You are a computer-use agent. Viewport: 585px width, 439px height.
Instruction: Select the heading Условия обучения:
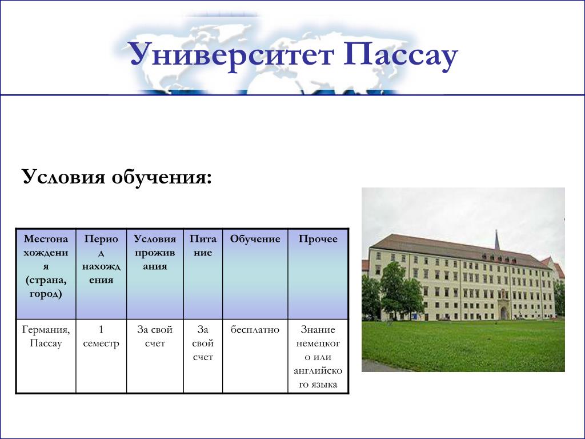tap(117, 176)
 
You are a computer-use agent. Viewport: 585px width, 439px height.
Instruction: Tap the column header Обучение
tap(255, 239)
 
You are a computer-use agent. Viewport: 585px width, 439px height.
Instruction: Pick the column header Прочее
tap(318, 239)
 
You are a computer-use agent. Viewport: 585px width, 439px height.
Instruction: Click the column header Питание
tap(203, 246)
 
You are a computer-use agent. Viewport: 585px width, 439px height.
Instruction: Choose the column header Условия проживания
tap(155, 252)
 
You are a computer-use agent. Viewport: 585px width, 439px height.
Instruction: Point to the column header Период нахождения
tap(101, 260)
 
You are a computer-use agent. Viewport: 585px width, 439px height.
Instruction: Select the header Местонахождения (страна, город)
tap(46, 266)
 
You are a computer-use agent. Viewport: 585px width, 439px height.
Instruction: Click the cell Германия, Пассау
tap(46, 336)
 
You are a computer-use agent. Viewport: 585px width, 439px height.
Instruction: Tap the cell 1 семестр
tap(101, 336)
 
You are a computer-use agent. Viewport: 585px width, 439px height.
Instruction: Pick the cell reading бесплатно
tap(255, 330)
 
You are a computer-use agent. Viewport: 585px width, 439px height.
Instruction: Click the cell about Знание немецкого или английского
tap(318, 357)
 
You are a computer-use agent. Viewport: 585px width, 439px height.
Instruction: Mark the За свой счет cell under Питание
tap(203, 343)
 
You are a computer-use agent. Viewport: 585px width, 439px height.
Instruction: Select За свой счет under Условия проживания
tap(155, 336)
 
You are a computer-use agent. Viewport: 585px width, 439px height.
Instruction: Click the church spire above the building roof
tap(497, 240)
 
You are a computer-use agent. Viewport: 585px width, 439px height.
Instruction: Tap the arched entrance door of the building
tap(504, 313)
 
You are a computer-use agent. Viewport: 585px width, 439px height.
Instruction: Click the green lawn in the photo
tap(463, 345)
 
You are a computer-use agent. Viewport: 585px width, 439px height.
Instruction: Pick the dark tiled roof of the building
tap(459, 250)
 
